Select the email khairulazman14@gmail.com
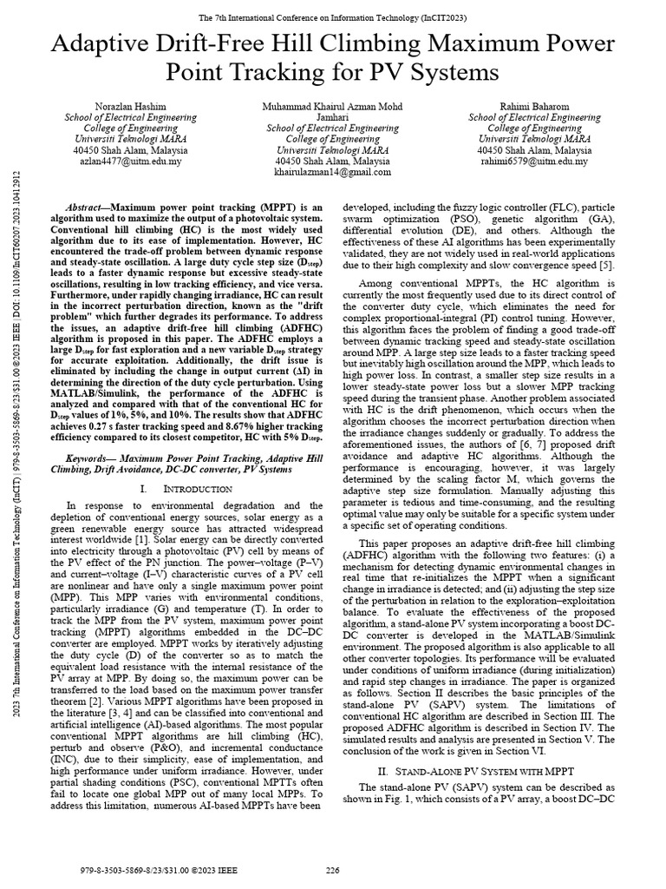(x=333, y=173)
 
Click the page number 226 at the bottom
(x=333, y=871)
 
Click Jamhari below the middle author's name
(x=333, y=116)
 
